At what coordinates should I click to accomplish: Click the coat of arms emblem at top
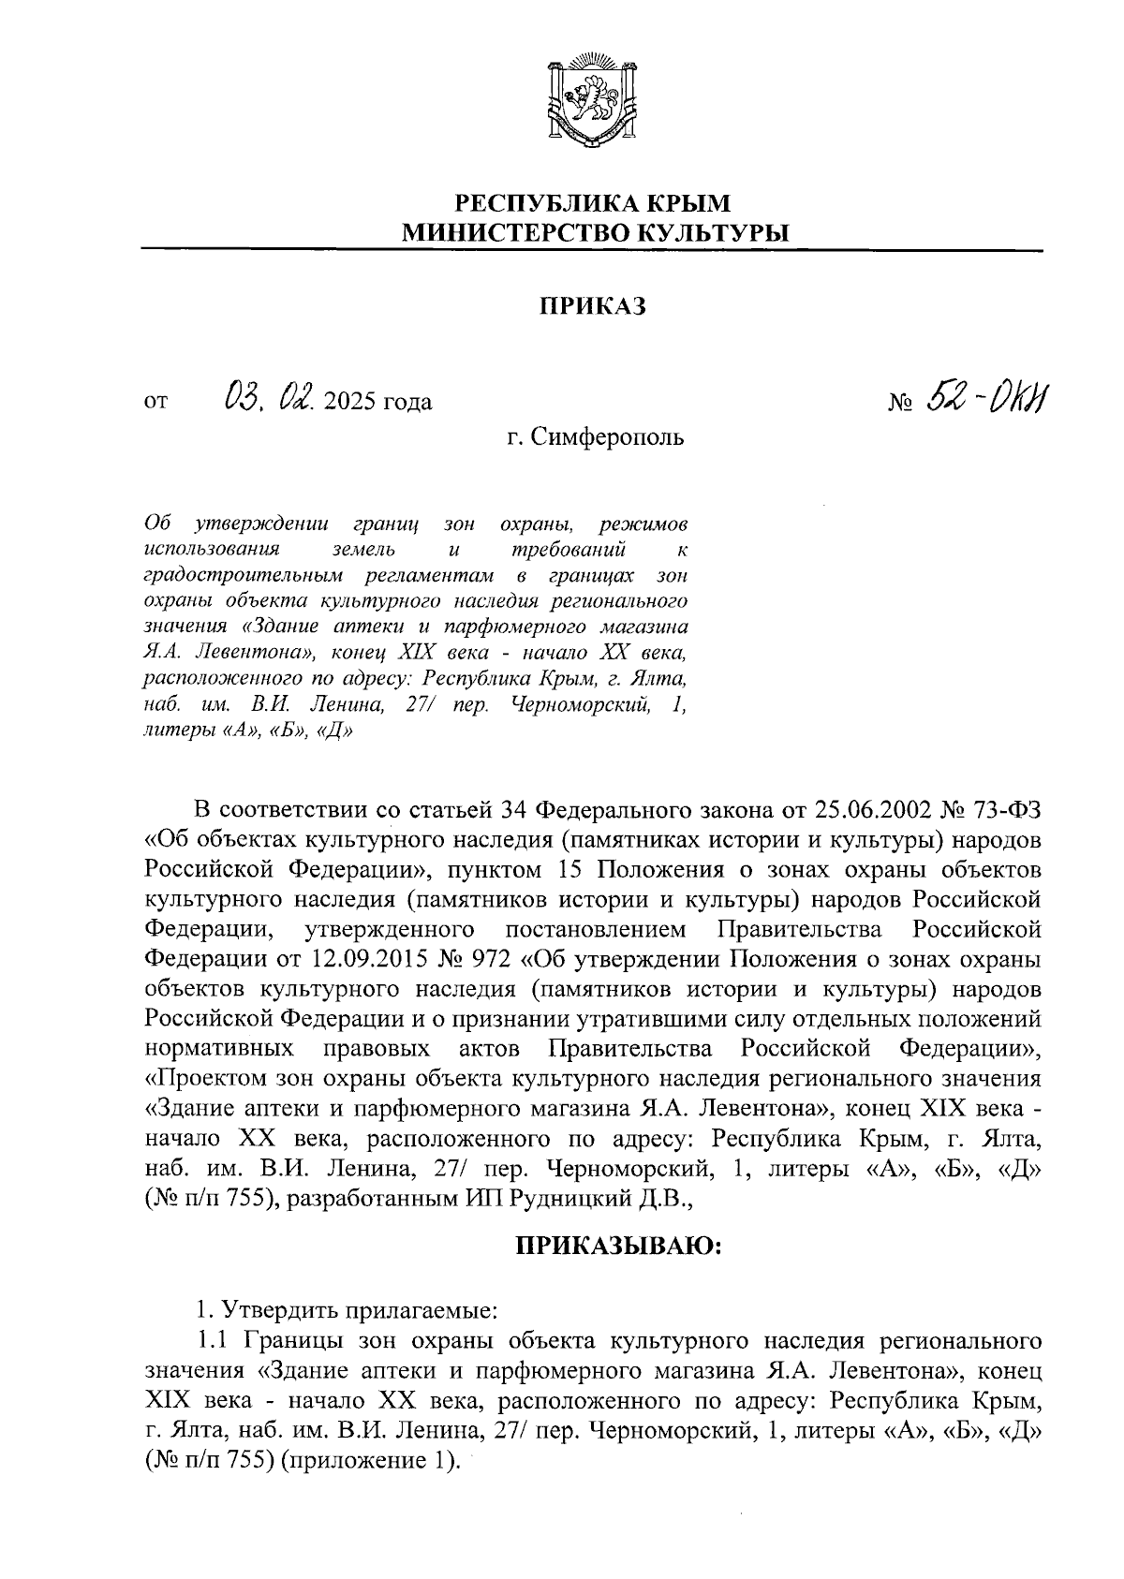pos(591,102)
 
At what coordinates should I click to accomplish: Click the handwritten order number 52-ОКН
pos(985,400)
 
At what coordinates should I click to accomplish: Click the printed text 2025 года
pos(378,404)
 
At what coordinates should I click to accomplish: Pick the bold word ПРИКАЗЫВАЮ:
pos(617,1246)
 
